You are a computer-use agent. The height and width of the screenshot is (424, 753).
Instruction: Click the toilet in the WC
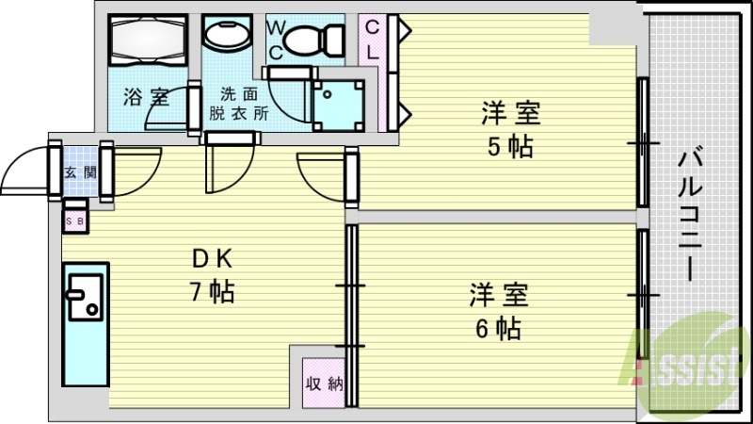314,40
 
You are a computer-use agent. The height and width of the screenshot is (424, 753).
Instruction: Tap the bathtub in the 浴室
148,41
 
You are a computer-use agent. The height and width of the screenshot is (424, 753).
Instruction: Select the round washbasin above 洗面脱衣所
227,34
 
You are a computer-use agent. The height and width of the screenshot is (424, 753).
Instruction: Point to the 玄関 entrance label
81,172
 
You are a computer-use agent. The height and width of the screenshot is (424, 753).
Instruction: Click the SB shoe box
75,221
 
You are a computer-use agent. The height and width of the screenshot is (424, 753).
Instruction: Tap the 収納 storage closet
324,383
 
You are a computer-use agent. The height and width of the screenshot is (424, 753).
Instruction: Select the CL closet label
372,41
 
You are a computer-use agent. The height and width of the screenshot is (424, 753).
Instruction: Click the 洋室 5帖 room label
511,130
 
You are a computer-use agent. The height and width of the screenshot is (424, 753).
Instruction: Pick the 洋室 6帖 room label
499,311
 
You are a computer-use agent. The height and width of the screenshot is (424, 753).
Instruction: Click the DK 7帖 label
213,276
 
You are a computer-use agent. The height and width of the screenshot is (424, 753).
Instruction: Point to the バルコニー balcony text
691,215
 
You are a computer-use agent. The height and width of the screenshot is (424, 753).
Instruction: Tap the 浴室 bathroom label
147,97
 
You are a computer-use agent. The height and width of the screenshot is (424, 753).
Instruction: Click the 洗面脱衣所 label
239,103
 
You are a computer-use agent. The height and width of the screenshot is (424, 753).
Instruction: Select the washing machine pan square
338,106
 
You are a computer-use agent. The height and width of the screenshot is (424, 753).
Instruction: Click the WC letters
276,41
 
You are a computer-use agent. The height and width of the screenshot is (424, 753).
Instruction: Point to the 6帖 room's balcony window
643,294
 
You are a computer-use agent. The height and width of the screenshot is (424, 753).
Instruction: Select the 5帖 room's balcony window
643,143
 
